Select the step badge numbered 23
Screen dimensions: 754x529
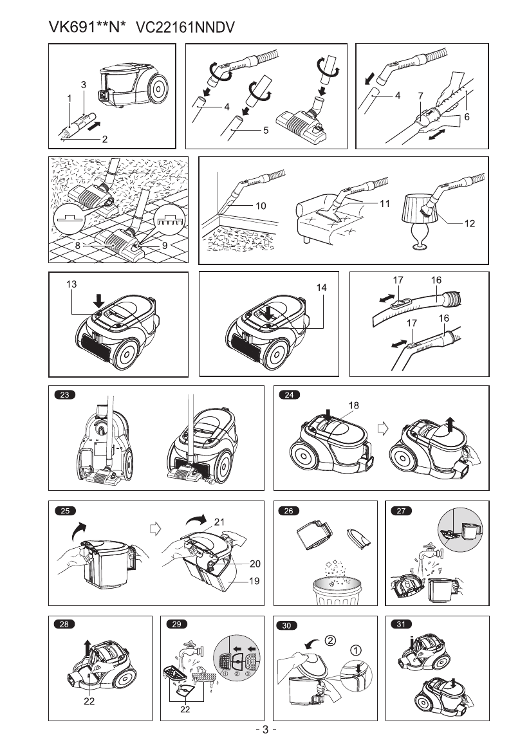click(x=64, y=396)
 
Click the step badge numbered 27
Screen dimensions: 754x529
click(x=402, y=511)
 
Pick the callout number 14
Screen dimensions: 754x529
click(x=322, y=288)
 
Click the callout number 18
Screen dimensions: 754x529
click(x=353, y=405)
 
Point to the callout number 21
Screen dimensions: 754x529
click(x=219, y=522)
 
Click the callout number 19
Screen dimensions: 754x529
click(x=255, y=582)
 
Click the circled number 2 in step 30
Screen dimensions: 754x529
click(x=329, y=640)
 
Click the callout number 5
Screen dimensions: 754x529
click(x=264, y=129)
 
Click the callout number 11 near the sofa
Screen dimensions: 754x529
click(x=385, y=203)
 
